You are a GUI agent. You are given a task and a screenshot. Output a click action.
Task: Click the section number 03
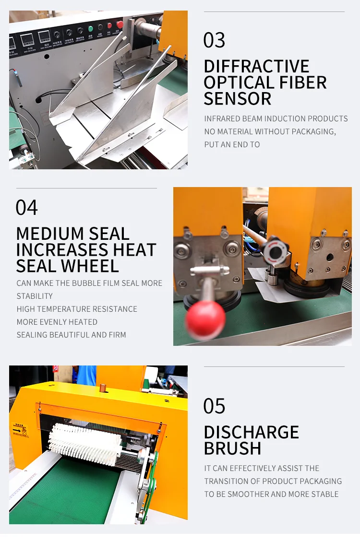[214, 40]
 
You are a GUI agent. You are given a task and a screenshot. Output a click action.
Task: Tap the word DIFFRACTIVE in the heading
[256, 66]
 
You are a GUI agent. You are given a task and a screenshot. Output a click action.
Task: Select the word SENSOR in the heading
[238, 99]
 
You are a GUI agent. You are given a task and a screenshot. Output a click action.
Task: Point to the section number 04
[26, 207]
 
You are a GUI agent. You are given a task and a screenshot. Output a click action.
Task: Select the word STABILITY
[35, 296]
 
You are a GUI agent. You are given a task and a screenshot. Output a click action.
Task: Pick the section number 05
[214, 406]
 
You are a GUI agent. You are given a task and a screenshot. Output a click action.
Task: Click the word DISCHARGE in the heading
[252, 432]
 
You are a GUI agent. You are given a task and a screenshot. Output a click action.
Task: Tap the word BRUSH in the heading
[232, 448]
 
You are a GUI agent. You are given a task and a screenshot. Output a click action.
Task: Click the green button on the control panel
[91, 29]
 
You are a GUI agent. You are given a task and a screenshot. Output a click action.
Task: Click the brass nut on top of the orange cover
[103, 388]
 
